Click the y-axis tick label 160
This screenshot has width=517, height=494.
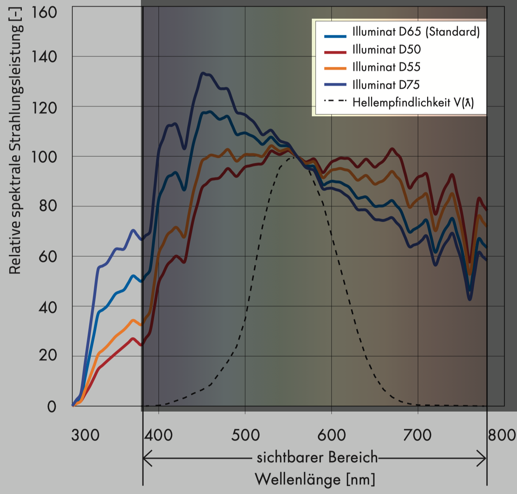(44, 12)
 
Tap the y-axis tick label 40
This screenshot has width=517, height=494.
(48, 307)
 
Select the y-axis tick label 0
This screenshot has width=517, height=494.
(52, 407)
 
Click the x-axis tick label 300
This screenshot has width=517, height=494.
(85, 435)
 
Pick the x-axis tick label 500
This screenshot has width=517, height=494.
(245, 435)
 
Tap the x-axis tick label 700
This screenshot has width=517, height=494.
(417, 435)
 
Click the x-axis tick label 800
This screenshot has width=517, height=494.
(502, 435)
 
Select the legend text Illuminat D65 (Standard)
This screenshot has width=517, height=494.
(416, 32)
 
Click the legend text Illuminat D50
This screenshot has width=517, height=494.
(386, 49)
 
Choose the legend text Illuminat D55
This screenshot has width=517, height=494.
(386, 67)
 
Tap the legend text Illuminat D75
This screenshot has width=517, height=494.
(386, 85)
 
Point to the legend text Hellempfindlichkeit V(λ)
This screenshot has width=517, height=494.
(413, 102)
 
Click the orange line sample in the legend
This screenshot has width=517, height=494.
(335, 68)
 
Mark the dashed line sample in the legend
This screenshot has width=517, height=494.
(335, 101)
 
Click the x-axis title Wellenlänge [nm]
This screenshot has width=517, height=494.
(315, 479)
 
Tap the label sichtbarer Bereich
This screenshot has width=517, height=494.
(317, 457)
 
